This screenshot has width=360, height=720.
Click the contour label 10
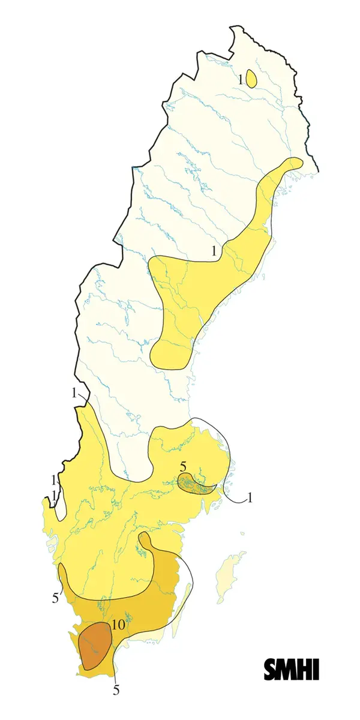coord(118,625)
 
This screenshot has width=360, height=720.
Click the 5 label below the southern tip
coord(116,689)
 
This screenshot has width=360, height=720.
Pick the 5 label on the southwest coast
coord(55,598)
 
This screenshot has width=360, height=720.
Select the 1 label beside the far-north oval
coord(239,79)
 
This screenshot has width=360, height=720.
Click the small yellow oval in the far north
coord(252,79)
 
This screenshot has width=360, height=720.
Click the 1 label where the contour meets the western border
coord(74,394)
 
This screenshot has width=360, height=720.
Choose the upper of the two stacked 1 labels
coord(54,480)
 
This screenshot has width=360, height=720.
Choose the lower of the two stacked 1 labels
coord(54,495)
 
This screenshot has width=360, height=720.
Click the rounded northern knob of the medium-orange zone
coord(144,540)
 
